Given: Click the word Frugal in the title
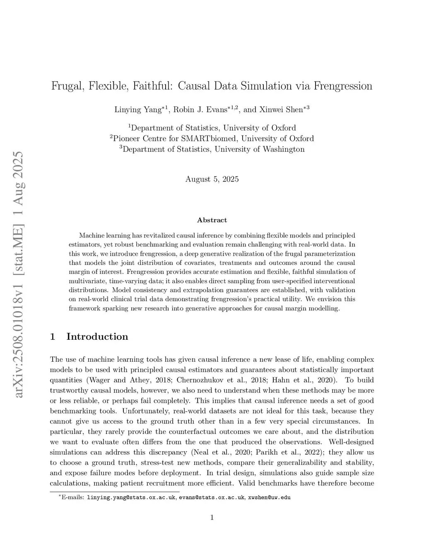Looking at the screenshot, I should point(67,86).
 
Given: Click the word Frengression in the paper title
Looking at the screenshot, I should point(343,86).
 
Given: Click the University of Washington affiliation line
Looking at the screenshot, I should point(212,149).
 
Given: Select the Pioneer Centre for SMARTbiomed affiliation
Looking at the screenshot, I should point(212,138).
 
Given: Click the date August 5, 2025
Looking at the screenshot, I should point(212,179).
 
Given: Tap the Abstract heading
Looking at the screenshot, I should point(212,220).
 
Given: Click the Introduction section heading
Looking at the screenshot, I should point(97,336).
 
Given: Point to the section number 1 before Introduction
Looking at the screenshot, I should point(53,336).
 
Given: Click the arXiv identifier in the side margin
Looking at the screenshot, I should point(18,273).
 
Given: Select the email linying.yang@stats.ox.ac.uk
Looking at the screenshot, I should point(131,497).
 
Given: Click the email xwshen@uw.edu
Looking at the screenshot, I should point(269,497).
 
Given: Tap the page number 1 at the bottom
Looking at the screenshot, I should point(212,517).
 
